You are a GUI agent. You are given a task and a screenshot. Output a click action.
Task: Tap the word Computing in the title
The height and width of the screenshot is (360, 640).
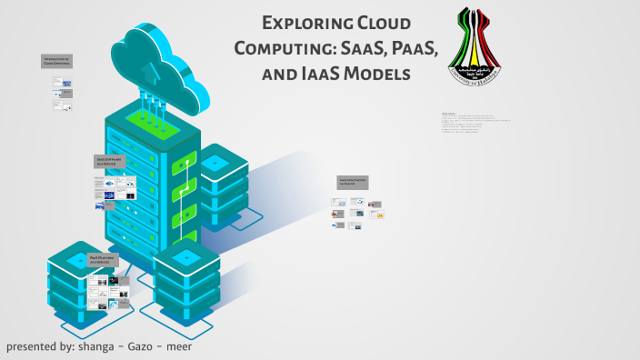(x=284, y=48)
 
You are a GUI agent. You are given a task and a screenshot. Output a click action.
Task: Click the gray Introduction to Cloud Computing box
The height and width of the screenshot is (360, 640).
(x=55, y=61)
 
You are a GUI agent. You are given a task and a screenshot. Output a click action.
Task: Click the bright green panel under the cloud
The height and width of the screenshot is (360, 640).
(x=146, y=116)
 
